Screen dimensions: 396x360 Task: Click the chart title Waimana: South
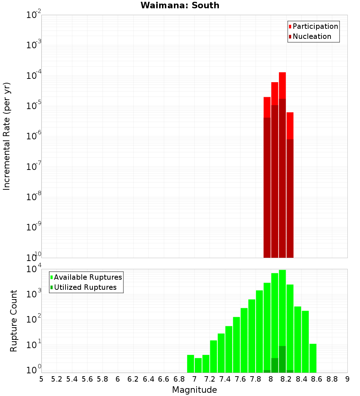(180, 5)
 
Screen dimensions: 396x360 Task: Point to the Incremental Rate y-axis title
(7, 136)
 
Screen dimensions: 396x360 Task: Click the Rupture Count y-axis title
(14, 321)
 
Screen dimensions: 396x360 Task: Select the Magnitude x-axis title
(194, 390)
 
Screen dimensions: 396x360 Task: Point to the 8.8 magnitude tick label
(332, 379)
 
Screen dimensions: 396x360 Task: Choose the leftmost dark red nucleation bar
(267, 187)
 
